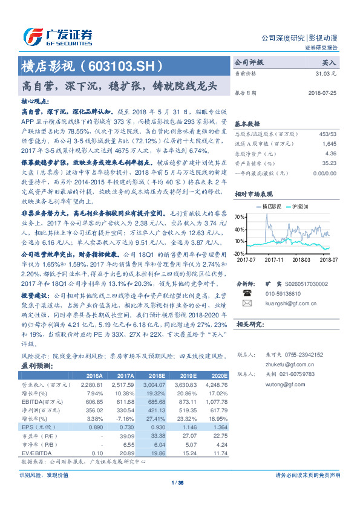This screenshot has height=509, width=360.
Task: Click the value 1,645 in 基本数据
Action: point(329,143)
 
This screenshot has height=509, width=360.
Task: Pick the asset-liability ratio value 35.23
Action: point(329,163)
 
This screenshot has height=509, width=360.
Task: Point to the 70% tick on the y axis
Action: point(240,216)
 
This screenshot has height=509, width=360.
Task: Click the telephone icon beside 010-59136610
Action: point(246,293)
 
